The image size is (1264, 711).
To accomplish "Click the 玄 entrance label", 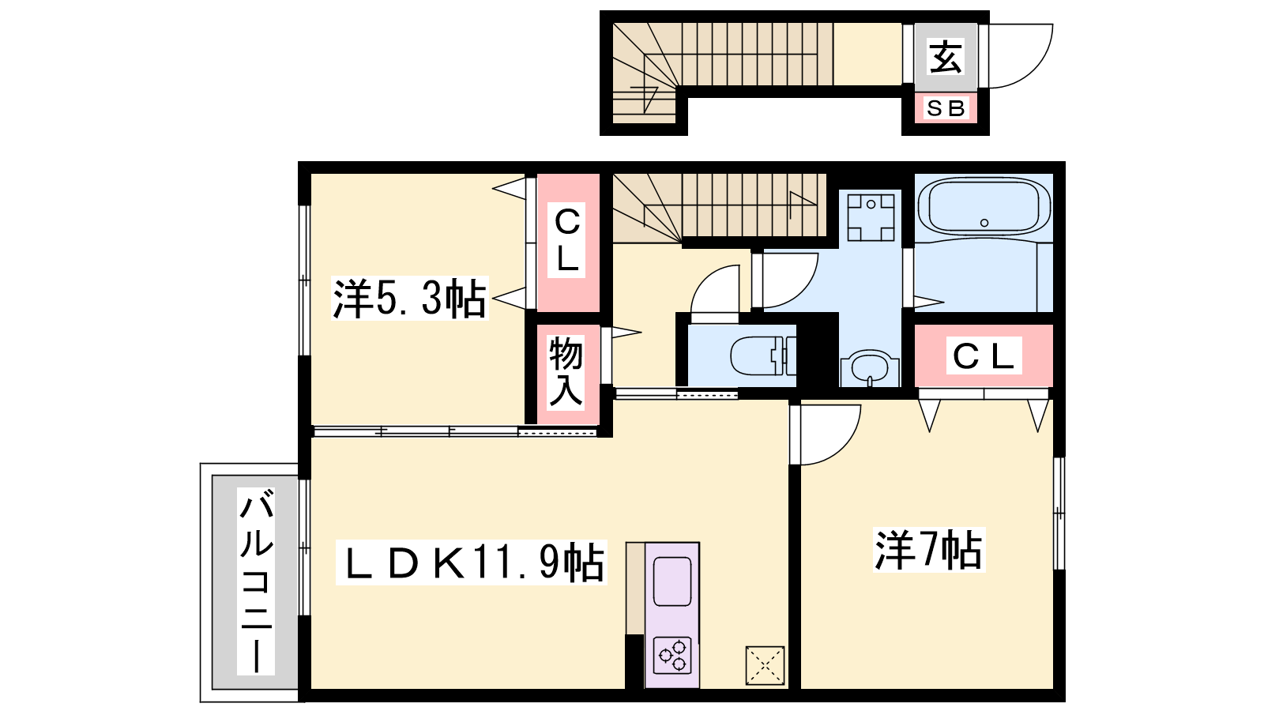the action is pyautogui.click(x=946, y=56).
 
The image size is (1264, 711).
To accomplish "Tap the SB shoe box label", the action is pyautogui.click(x=946, y=107).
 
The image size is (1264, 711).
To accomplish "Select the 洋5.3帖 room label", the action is pyautogui.click(x=410, y=299).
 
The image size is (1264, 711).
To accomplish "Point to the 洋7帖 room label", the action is pyautogui.click(x=929, y=550).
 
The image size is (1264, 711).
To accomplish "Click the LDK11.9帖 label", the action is pyautogui.click(x=472, y=562).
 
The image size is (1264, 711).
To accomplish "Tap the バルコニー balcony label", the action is pyautogui.click(x=256, y=581).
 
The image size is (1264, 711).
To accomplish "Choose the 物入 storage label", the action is pyautogui.click(x=566, y=371).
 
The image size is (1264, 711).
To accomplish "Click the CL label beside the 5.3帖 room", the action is pyautogui.click(x=566, y=240).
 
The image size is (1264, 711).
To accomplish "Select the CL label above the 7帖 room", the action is pyautogui.click(x=984, y=356).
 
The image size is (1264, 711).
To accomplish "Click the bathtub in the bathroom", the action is pyautogui.click(x=984, y=206).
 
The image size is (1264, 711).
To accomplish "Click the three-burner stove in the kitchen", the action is pyautogui.click(x=672, y=656).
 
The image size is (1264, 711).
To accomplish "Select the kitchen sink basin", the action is pyautogui.click(x=672, y=581).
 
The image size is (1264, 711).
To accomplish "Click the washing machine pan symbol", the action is pyautogui.click(x=871, y=217).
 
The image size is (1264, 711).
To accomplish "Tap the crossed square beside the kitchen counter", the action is pyautogui.click(x=766, y=666).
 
